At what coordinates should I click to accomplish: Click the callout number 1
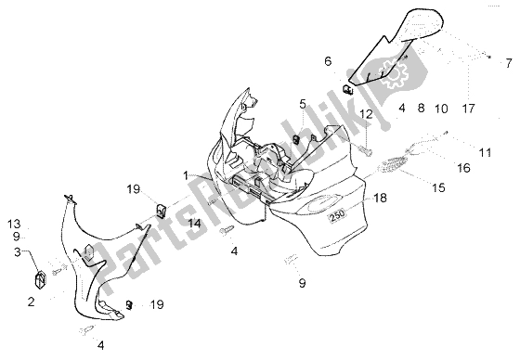pyautogui.click(x=186, y=175)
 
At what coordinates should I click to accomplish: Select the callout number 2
pyautogui.click(x=31, y=302)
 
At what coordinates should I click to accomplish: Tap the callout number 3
pyautogui.click(x=18, y=252)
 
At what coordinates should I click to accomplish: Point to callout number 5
pyautogui.click(x=303, y=104)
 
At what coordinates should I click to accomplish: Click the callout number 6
pyautogui.click(x=328, y=61)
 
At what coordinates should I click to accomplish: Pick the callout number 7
pyautogui.click(x=509, y=63)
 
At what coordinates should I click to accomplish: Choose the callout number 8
pyautogui.click(x=421, y=108)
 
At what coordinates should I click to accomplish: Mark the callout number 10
pyautogui.click(x=441, y=109)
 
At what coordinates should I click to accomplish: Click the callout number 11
pyautogui.click(x=485, y=152)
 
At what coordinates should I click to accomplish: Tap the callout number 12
pyautogui.click(x=366, y=114)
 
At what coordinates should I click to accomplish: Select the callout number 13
pyautogui.click(x=14, y=225)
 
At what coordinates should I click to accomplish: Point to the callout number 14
pyautogui.click(x=194, y=224)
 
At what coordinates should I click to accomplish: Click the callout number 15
pyautogui.click(x=438, y=187)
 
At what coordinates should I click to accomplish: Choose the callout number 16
pyautogui.click(x=463, y=168)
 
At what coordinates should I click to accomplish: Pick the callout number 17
pyautogui.click(x=469, y=108)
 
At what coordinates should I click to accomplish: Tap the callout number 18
pyautogui.click(x=380, y=198)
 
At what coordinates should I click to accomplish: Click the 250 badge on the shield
pyautogui.click(x=338, y=214)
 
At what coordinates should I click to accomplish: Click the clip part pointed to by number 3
pyautogui.click(x=40, y=279)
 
